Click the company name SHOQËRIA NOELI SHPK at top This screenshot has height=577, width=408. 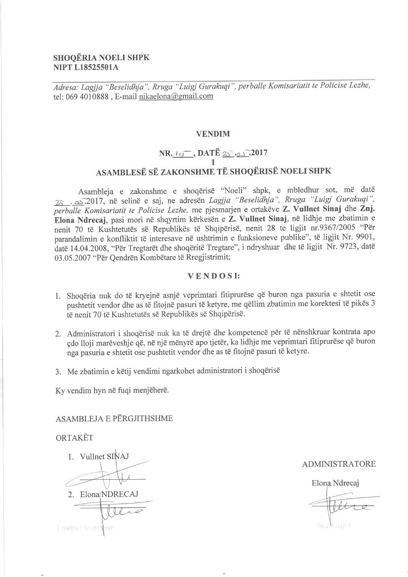point(101,57)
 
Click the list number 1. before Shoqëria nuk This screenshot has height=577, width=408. point(58,297)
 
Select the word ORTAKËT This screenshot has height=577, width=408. point(74,437)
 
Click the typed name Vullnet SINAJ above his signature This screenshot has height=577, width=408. point(104,457)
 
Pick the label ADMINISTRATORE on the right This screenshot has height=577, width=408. point(338,464)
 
